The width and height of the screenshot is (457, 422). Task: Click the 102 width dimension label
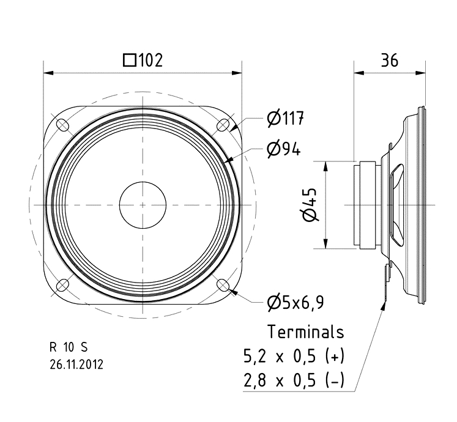pos(144,60)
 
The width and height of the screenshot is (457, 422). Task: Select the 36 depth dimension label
pos(390,60)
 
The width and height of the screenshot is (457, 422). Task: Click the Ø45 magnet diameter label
pos(310,204)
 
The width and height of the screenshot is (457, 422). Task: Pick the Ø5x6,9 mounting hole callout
pos(295,302)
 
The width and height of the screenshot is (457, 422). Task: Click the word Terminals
pos(306,332)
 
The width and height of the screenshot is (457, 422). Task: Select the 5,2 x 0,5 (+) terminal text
pos(294,356)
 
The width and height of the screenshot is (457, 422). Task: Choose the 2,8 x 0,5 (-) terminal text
pos(294,382)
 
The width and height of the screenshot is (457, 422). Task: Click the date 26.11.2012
pos(76,365)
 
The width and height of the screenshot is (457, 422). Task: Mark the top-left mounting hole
pos(62,125)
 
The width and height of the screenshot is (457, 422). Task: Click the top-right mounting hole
pos(223,125)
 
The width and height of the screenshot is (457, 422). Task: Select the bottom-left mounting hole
pos(62,286)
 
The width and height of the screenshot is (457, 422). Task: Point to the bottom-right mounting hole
pos(223,286)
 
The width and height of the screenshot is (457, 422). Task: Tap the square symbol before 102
pos(129,60)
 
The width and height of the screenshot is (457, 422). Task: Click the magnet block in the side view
pos(368,205)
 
